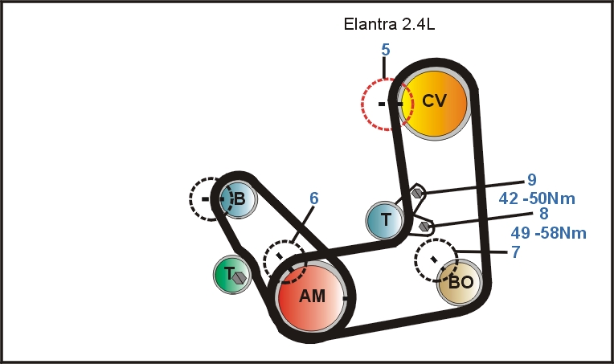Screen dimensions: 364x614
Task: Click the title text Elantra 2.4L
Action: (x=389, y=24)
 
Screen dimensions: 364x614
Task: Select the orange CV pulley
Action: (x=434, y=101)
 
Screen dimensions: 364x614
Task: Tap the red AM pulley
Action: (x=313, y=297)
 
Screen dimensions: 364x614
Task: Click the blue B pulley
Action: (x=239, y=198)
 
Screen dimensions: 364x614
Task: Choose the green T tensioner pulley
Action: (x=233, y=275)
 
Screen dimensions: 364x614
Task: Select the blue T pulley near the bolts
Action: (x=386, y=219)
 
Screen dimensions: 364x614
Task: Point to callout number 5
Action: (x=385, y=50)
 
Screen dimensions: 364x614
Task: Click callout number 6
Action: (x=314, y=198)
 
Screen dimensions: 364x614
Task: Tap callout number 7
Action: (x=515, y=252)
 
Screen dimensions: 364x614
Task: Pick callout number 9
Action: (x=531, y=180)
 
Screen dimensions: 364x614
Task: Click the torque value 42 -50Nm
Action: (x=538, y=198)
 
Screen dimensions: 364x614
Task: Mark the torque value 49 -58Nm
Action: (x=548, y=234)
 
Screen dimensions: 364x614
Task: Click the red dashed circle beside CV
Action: (x=384, y=104)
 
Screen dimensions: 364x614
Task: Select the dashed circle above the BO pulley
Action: (x=436, y=260)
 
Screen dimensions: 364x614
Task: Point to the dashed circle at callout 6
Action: (x=284, y=260)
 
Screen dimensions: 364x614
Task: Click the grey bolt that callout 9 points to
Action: (x=416, y=193)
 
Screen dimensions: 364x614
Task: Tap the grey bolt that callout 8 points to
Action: (x=424, y=227)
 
